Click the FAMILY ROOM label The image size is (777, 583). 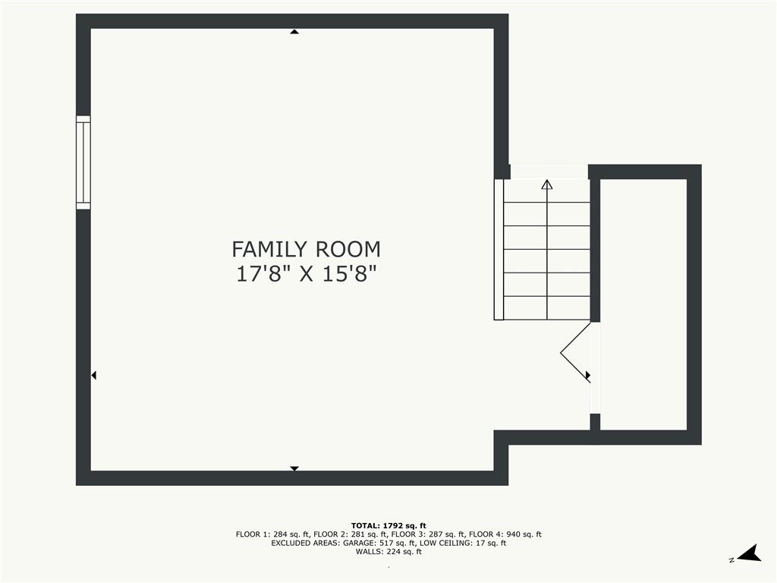[x=307, y=249]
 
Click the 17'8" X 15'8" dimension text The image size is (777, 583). [x=307, y=274]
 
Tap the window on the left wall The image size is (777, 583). [x=83, y=162]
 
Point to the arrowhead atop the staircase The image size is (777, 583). [x=547, y=184]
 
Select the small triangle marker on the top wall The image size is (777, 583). [x=294, y=32]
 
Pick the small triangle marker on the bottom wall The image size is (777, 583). [x=294, y=468]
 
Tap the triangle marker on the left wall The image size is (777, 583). [x=93, y=375]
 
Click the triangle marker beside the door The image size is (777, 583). [x=588, y=375]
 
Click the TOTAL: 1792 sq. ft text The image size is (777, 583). [x=388, y=525]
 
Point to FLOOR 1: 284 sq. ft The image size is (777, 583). [x=272, y=534]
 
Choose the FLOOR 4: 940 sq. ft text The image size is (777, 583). [x=505, y=534]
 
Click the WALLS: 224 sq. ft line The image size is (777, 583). [x=388, y=551]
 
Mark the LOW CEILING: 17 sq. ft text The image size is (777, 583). [x=463, y=543]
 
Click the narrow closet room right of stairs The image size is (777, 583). [x=643, y=304]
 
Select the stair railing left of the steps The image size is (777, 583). [x=499, y=249]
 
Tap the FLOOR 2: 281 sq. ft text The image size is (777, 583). [x=350, y=534]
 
